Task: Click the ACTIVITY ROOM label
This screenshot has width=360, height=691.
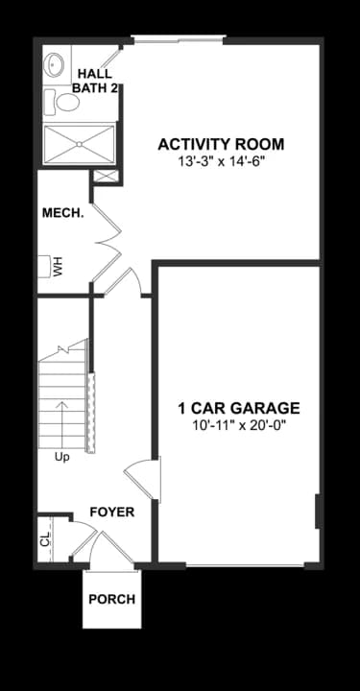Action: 221,145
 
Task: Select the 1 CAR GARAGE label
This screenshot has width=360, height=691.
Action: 239,407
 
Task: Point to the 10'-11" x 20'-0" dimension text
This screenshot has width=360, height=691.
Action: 239,424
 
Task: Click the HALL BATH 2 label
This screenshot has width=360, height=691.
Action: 95,81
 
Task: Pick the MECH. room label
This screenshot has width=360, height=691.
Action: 62,213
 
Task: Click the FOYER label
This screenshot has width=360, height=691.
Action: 111,512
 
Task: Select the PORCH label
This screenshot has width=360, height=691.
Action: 111,600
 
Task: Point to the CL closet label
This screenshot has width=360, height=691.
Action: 44,538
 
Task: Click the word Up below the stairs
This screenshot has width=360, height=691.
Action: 61,456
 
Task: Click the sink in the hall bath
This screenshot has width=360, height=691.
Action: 55,65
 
